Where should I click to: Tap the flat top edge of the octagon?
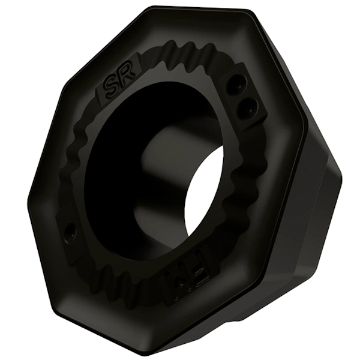198,12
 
